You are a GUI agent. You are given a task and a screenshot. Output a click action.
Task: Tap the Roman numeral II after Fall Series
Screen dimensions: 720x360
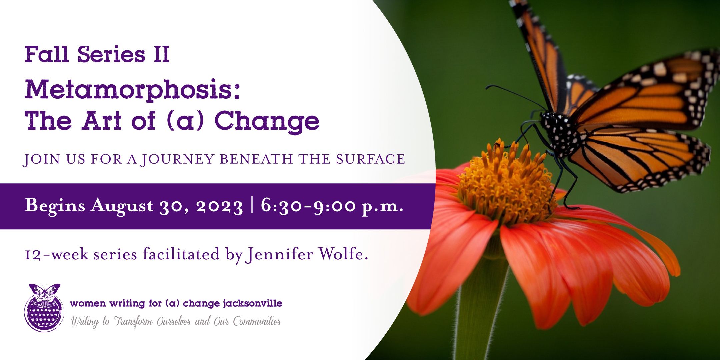(162, 54)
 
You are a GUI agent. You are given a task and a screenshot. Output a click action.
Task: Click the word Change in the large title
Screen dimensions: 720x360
(267, 122)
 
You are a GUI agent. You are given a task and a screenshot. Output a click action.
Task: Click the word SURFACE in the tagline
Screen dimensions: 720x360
(370, 159)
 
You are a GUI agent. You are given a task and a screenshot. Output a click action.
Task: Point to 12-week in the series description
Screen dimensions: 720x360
(57, 255)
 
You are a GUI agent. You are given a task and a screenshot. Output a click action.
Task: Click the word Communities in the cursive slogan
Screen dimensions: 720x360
(257, 321)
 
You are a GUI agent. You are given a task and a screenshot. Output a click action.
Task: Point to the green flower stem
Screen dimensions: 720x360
(480, 307)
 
